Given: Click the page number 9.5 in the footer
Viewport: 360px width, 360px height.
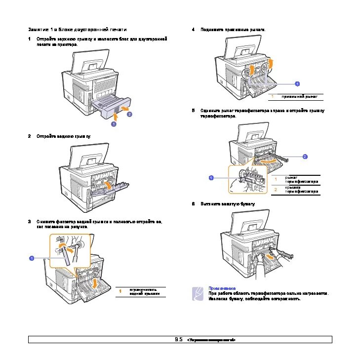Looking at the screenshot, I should click(x=178, y=340).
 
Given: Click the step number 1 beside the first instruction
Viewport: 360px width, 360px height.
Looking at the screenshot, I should click(x=30, y=39).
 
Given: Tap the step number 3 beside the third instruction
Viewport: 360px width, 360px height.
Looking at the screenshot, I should click(x=30, y=221).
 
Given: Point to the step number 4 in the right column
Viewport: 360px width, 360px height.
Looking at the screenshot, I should click(x=193, y=30).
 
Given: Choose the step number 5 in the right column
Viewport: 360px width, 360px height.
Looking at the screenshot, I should click(x=193, y=111).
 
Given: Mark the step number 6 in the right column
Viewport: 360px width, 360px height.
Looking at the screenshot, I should click(x=193, y=203).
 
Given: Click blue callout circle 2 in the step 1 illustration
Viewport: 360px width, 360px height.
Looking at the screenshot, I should click(x=129, y=114).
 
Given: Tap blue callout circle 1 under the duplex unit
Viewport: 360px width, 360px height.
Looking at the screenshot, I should click(x=113, y=124).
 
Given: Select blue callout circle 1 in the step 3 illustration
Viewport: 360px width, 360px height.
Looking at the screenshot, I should click(x=31, y=258).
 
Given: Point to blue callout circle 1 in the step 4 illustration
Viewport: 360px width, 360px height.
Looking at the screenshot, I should click(x=297, y=83).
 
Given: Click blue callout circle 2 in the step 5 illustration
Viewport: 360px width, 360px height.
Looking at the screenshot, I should click(x=305, y=157).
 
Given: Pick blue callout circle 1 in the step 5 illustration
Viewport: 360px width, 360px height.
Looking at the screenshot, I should click(x=211, y=177).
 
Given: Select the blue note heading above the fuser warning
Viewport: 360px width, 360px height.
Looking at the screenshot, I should click(x=221, y=288).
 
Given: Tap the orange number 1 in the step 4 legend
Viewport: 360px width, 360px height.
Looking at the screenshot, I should click(x=272, y=96).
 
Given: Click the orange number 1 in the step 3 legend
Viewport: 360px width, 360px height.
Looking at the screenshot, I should click(x=120, y=291).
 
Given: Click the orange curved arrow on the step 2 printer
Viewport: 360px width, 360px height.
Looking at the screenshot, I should click(x=106, y=184).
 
